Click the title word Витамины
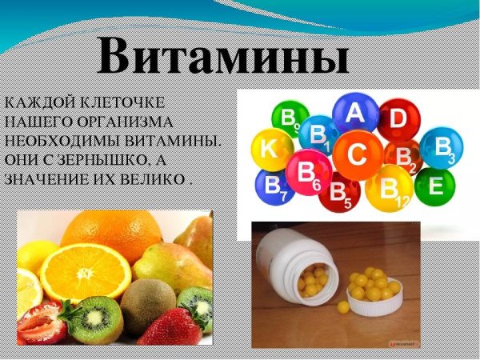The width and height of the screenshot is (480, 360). (x=225, y=58)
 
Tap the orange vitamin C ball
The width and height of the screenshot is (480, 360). (x=357, y=155)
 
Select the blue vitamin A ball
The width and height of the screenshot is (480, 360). (x=354, y=114)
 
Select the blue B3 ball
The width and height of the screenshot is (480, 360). (x=442, y=148)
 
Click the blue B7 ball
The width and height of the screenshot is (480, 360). (x=272, y=186)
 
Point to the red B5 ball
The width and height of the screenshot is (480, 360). (x=340, y=192)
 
